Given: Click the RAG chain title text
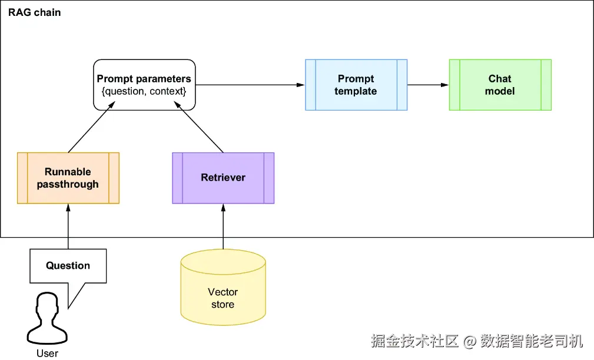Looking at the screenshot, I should click(34, 12).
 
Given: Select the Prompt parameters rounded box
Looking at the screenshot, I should click(144, 85).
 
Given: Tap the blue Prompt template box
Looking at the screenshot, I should click(356, 85).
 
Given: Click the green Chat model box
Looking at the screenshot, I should click(500, 85).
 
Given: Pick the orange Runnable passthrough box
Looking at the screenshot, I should click(68, 178).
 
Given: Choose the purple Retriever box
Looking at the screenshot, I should click(223, 178).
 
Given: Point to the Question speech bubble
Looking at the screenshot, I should click(68, 265).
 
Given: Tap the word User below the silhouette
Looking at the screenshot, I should click(47, 353).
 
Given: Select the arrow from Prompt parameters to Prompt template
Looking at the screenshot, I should click(250, 85).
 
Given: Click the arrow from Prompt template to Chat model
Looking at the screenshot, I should click(428, 85).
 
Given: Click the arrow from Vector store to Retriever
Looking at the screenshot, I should click(223, 226).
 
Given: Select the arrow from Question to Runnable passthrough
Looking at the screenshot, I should click(68, 226).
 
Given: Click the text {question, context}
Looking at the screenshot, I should click(144, 91).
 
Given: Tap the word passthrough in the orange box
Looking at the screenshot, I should click(68, 184).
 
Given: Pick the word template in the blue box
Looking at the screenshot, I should click(356, 91).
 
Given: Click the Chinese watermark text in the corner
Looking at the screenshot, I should click(477, 341).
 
